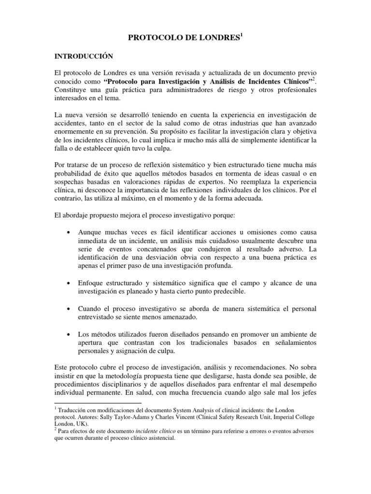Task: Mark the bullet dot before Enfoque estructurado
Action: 71,282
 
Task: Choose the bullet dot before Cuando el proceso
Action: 71,308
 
